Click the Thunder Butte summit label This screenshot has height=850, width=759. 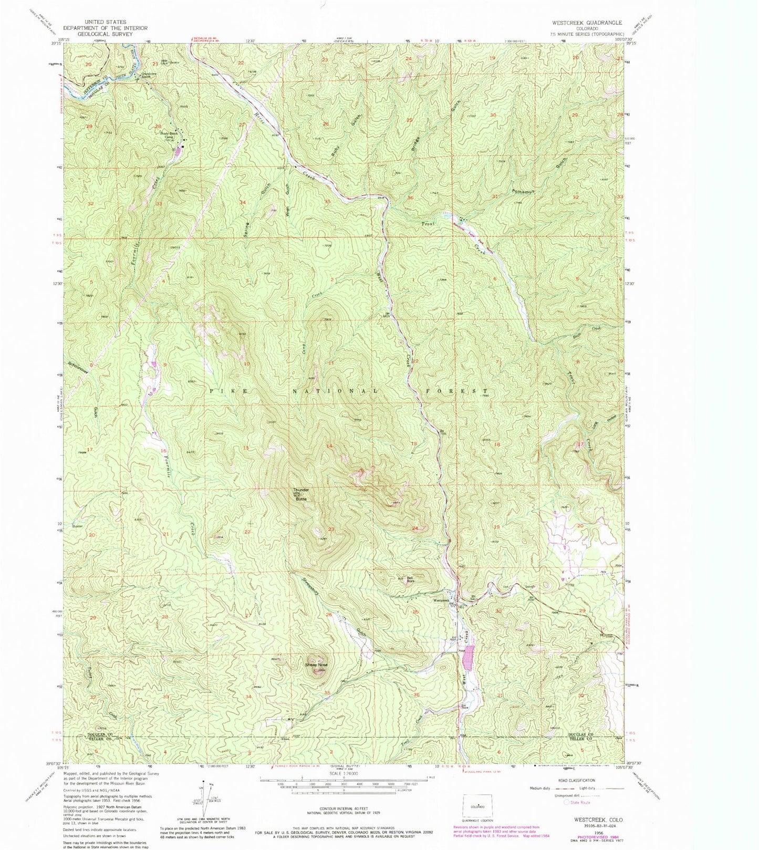point(301,494)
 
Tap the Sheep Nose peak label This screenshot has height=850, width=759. point(316,665)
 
